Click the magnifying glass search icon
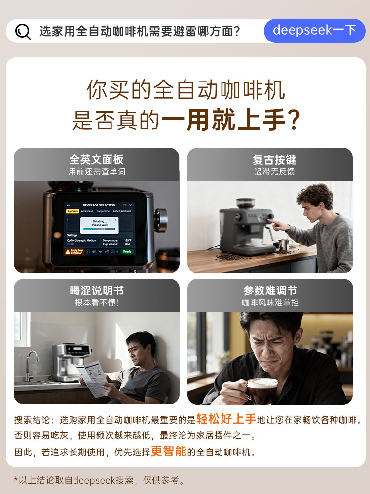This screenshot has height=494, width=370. point(23,31)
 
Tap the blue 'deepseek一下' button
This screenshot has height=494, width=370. point(314,31)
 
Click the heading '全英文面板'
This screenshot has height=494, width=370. point(96,160)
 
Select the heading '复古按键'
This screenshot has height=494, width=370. point(274,160)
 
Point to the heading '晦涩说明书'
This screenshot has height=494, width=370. point(96,290)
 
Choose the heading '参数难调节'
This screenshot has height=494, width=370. point(270,290)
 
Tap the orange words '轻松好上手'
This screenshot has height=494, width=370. point(226,420)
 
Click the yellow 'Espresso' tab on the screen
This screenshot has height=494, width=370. point(73,211)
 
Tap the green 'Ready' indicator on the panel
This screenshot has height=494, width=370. point(127,252)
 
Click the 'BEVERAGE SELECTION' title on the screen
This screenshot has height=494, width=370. point(99,205)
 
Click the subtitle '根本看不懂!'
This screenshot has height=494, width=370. point(97,303)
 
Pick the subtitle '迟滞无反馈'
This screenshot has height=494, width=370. point(274,172)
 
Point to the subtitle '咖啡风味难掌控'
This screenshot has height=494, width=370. point(270,303)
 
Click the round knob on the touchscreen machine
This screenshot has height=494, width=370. point(161,220)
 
